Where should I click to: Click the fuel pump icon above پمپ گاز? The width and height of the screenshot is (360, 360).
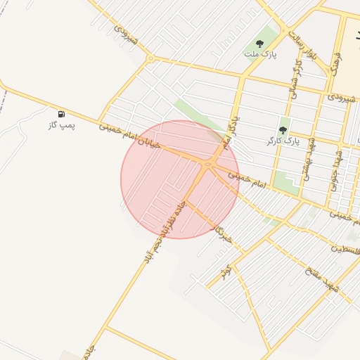(x=62, y=113)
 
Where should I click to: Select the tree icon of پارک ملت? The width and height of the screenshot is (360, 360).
(x=260, y=43)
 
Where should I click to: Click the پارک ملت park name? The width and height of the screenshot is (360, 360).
(x=257, y=53)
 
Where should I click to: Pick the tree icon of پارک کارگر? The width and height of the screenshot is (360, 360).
(x=283, y=129)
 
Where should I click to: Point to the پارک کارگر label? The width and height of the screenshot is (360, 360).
(x=283, y=141)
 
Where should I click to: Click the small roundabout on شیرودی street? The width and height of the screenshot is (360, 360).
(x=151, y=59)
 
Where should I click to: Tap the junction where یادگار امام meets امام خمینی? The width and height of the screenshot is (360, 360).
(x=207, y=165)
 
